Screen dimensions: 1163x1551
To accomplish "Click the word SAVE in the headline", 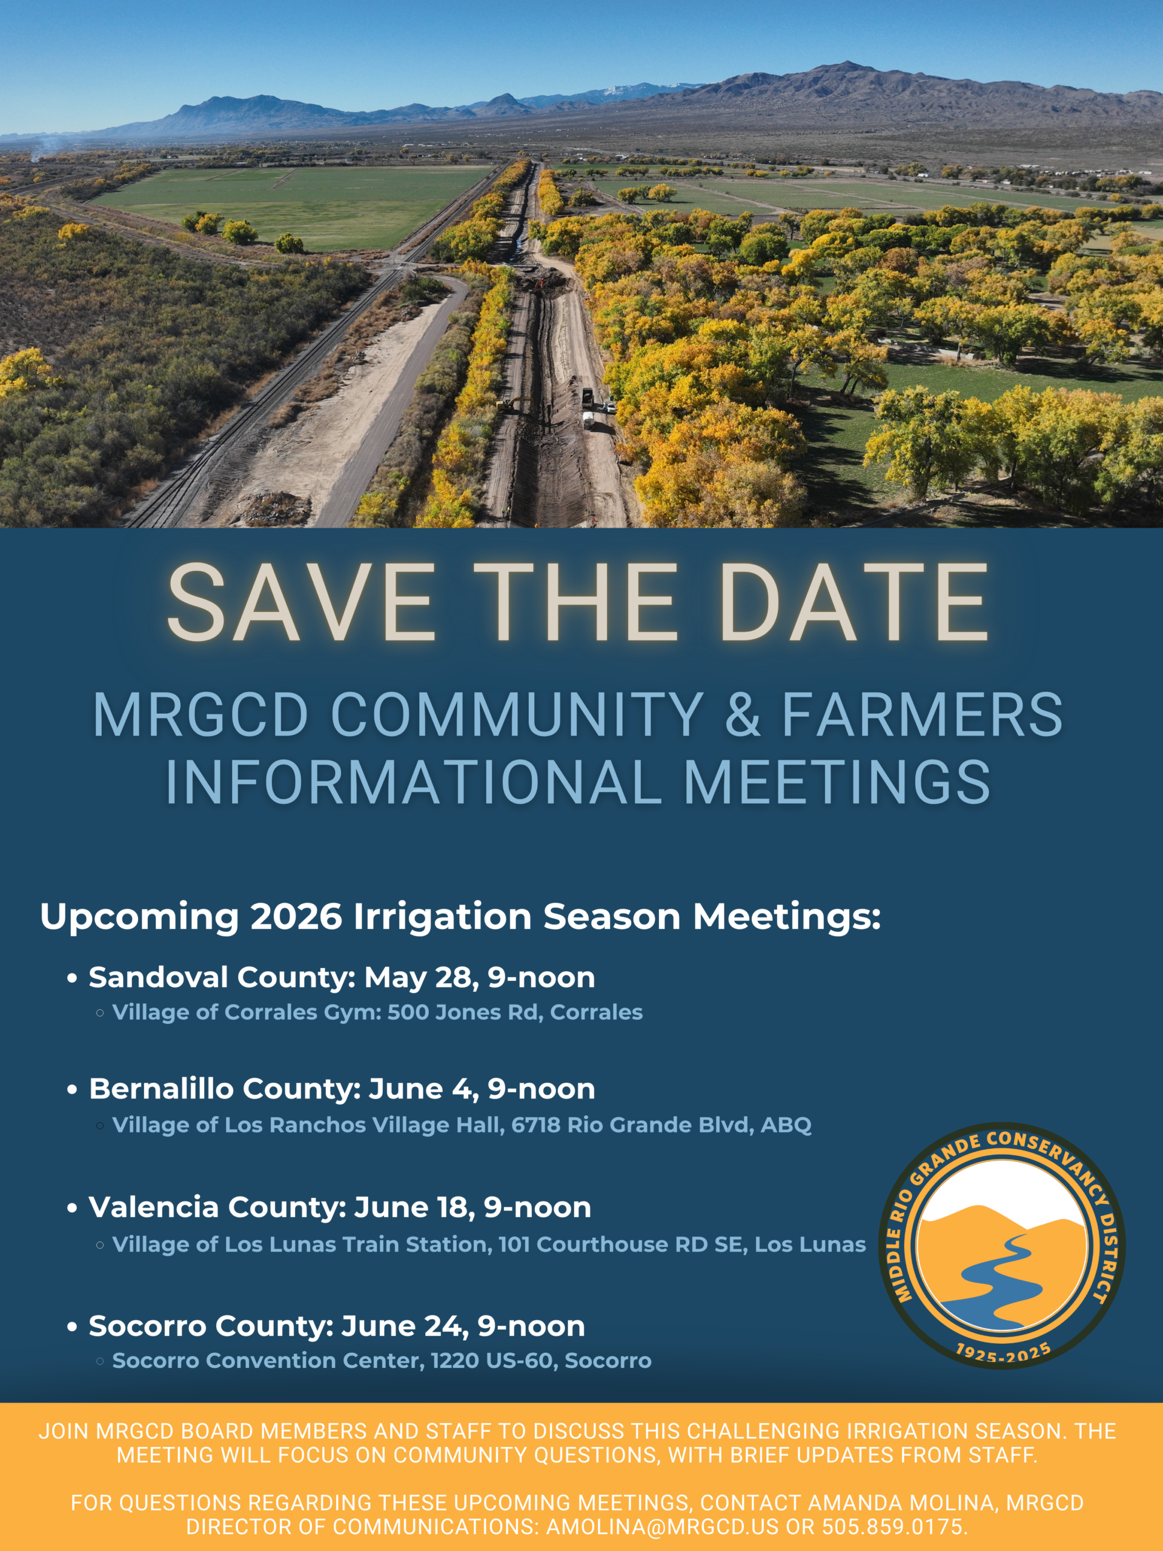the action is tap(302, 602).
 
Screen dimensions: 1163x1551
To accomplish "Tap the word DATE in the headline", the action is tap(853, 602).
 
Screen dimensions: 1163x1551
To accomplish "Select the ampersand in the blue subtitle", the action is tap(743, 714).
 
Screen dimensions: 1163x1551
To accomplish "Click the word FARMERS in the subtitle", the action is tap(923, 714).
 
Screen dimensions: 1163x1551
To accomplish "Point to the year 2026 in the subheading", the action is tap(296, 917).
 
